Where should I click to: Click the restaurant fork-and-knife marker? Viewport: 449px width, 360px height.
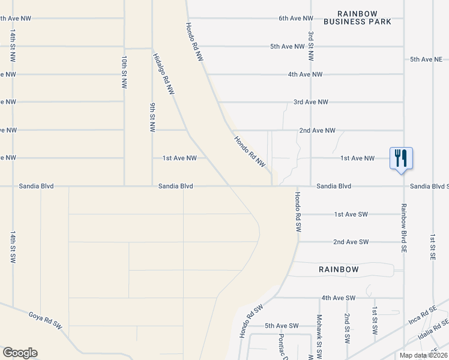(400, 159)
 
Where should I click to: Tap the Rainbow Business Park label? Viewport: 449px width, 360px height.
(357, 17)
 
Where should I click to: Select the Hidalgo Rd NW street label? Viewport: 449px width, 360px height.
(163, 74)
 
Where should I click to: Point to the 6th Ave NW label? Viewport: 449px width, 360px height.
(296, 19)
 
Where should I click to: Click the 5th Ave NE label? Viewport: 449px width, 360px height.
(426, 59)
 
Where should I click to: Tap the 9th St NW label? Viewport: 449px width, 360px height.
(152, 117)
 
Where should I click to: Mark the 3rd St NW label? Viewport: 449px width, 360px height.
(310, 47)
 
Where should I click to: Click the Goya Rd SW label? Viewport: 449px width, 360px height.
(45, 319)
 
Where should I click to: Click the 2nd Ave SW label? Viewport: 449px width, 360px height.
(351, 242)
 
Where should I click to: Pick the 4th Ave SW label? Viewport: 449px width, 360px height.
(339, 298)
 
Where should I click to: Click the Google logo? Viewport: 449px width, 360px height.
(20, 352)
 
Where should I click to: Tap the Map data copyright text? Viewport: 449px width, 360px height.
(423, 355)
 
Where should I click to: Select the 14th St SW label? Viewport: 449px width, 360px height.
(12, 247)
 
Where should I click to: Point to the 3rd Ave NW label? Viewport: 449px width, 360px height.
(310, 103)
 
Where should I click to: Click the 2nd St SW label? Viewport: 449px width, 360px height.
(347, 328)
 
